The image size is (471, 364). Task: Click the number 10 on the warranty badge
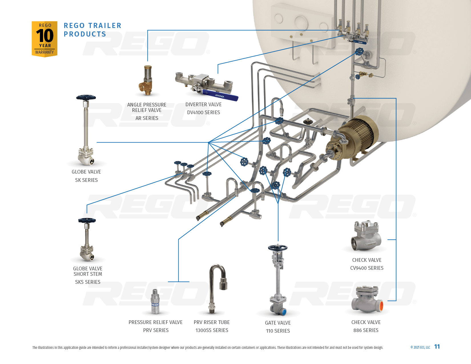tap(45, 36)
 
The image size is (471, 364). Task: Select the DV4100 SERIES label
tap(204, 112)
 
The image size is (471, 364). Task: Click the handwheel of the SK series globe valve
tap(86, 98)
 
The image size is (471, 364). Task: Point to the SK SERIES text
tap(86, 180)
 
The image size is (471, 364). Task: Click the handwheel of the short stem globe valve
tap(87, 220)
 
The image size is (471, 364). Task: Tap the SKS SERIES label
tap(88, 282)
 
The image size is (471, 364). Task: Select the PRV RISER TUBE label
tap(212, 322)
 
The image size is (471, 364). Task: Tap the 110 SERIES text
tap(278, 331)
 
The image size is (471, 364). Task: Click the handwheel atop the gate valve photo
tap(277, 248)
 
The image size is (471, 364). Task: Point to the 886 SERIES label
tap(366, 330)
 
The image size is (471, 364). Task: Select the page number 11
tap(437, 347)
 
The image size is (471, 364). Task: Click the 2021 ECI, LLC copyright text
tap(420, 347)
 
